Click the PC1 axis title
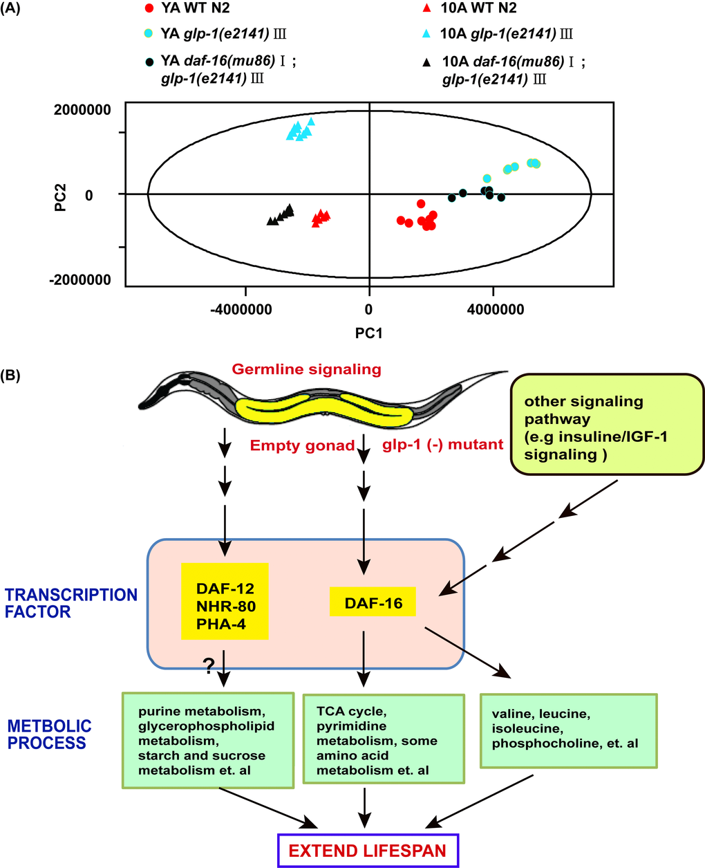[368, 333]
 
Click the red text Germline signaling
[306, 369]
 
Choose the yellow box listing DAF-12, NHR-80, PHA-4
[225, 600]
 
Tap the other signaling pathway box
[608, 424]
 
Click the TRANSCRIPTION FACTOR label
[71, 603]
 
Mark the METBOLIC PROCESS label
[50, 735]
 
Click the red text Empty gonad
[302, 445]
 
